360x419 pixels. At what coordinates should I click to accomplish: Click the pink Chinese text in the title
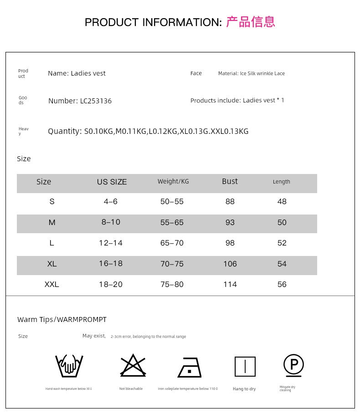[x=251, y=22]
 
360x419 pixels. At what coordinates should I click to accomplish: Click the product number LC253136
[x=96, y=101]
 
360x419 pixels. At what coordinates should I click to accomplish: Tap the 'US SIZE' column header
[x=112, y=182]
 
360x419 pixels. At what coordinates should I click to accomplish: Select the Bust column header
[x=230, y=181]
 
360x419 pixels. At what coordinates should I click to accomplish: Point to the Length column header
[x=281, y=182]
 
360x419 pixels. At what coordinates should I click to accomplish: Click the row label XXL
[x=51, y=284]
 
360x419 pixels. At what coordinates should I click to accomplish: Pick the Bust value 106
[x=230, y=264]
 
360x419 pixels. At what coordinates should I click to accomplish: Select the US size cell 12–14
[x=111, y=243]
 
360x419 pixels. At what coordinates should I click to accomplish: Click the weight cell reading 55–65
[x=172, y=222]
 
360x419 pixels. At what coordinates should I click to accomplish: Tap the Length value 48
[x=282, y=201]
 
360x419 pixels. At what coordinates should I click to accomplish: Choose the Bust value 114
[x=230, y=284]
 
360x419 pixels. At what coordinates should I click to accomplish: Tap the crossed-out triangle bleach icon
[x=133, y=365]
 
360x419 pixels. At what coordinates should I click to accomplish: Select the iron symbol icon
[x=190, y=367]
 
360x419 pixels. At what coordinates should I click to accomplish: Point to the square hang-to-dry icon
[x=245, y=367]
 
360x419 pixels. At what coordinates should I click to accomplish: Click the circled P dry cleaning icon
[x=293, y=365]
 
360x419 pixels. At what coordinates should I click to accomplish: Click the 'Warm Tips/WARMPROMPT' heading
[x=62, y=319]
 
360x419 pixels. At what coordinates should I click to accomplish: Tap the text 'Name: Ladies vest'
[x=77, y=73]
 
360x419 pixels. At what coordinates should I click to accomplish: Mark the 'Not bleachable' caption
[x=131, y=388]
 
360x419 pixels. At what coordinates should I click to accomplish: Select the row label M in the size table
[x=51, y=222]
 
